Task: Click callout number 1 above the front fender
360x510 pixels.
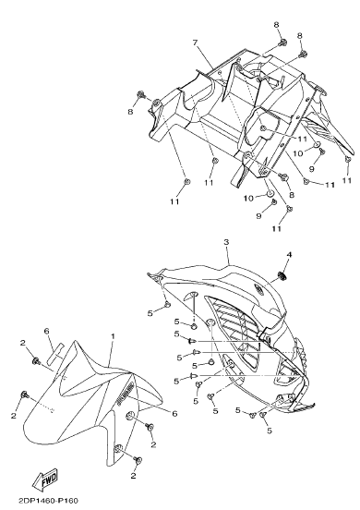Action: (x=113, y=336)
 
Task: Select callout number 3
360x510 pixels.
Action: (x=226, y=242)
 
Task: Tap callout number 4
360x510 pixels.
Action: (x=289, y=254)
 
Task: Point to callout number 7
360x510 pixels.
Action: (x=196, y=42)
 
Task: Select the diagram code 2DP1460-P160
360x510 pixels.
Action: (x=49, y=501)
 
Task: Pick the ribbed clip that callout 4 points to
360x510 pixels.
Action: (x=282, y=276)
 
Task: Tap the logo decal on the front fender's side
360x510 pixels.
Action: (x=126, y=394)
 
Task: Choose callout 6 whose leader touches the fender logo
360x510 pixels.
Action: (x=174, y=413)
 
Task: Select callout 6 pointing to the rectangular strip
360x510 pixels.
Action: (x=46, y=331)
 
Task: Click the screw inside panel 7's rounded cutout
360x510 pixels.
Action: (x=263, y=128)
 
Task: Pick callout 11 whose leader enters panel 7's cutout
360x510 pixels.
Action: (x=302, y=139)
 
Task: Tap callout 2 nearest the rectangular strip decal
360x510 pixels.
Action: (x=22, y=342)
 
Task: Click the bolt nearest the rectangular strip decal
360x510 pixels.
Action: (x=36, y=360)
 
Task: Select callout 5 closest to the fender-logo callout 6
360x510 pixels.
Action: (x=196, y=401)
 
